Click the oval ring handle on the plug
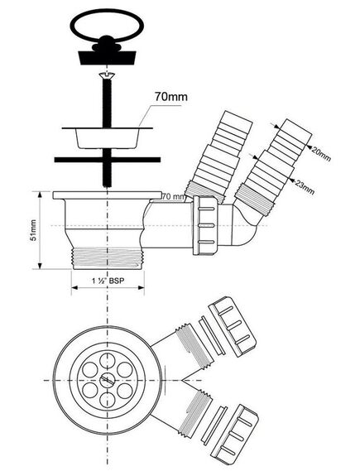[107, 12]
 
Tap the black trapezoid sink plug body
[108, 58]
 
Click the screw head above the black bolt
[107, 76]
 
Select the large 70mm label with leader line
[170, 97]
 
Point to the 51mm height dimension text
[33, 230]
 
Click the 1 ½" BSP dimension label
[108, 281]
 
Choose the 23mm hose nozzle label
[305, 187]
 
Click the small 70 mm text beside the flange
[174, 197]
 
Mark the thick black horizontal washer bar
[108, 160]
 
